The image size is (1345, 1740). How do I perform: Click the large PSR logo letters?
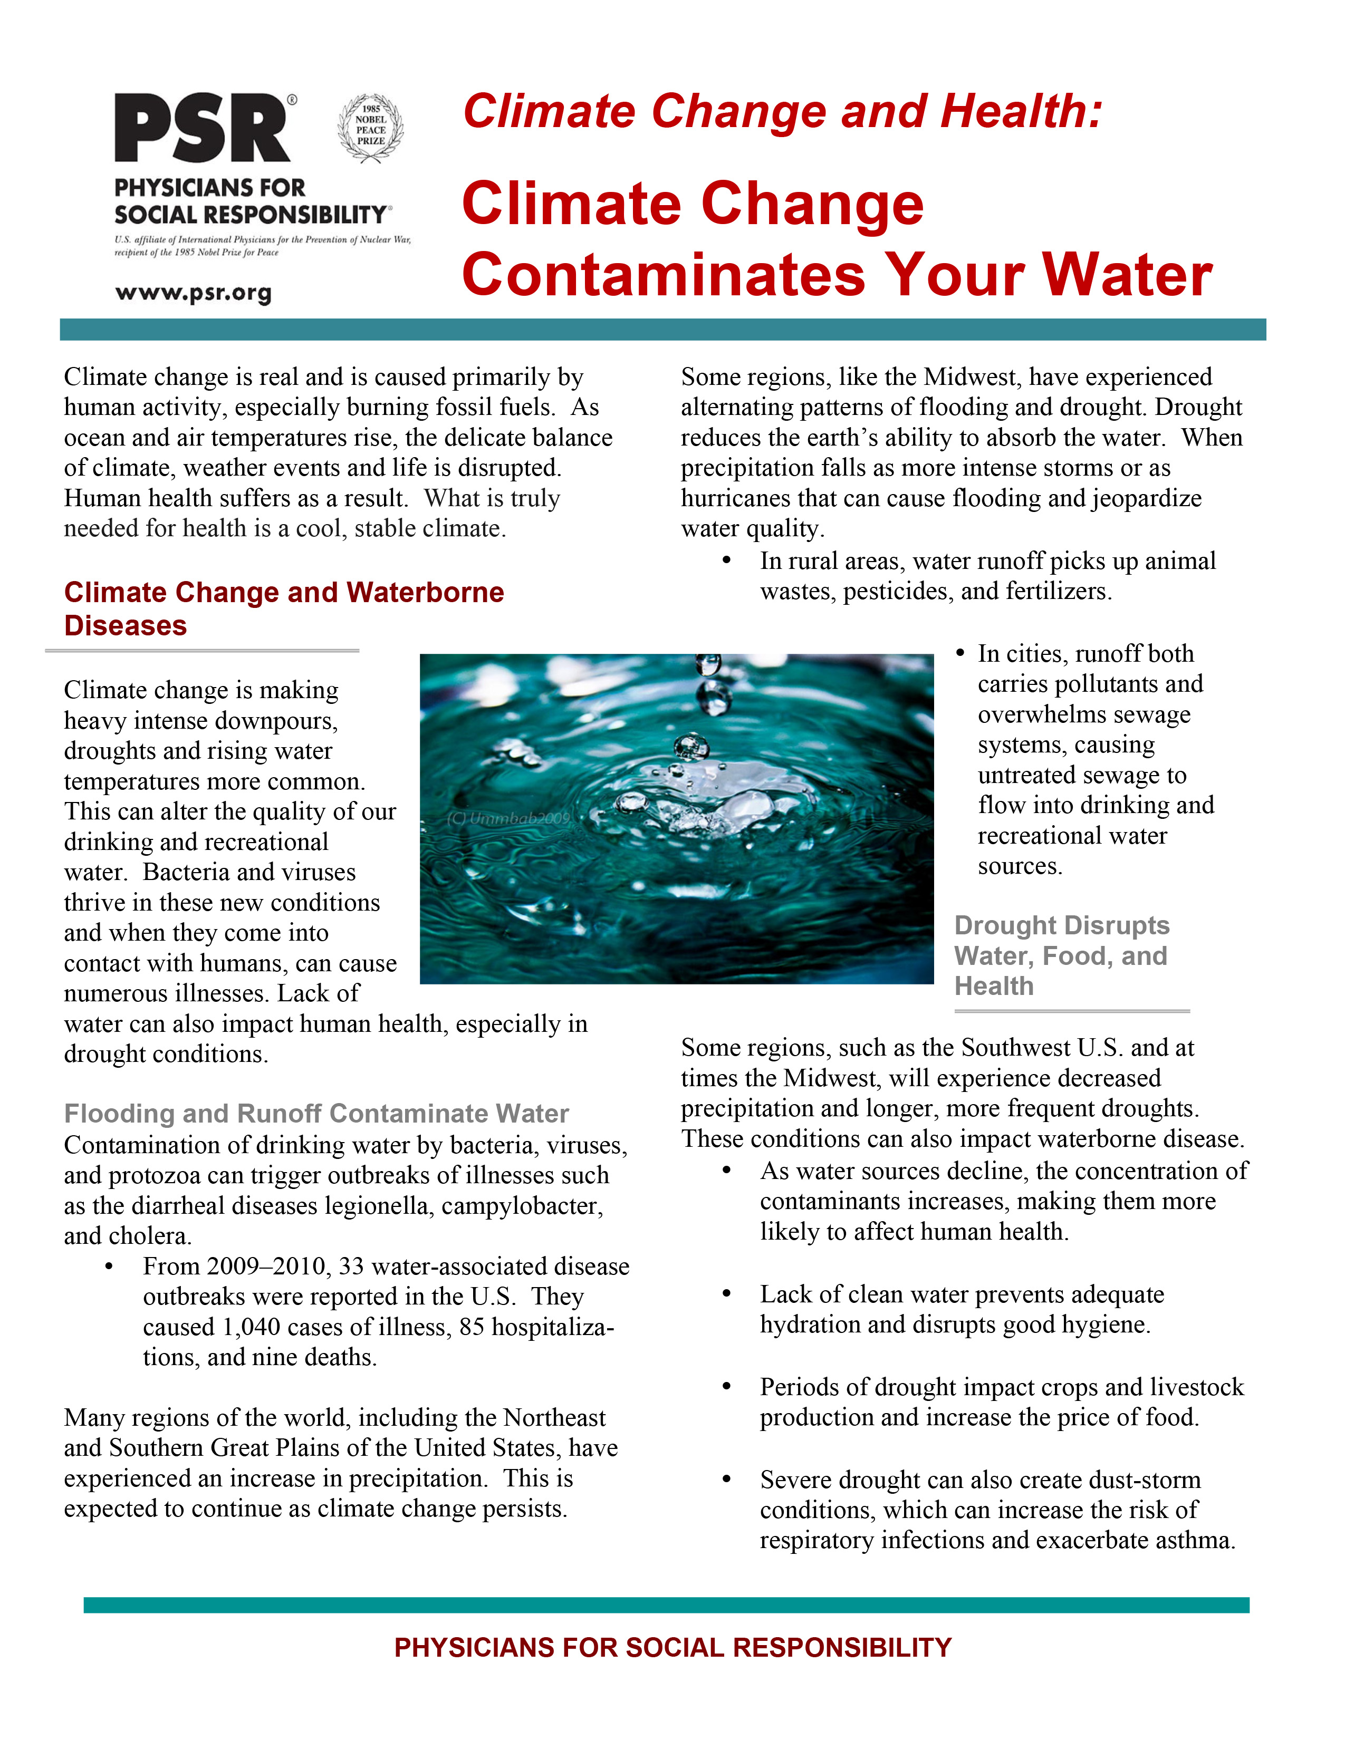203,129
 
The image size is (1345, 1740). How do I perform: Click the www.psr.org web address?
193,293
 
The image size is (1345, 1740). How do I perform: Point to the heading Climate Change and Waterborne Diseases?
284,608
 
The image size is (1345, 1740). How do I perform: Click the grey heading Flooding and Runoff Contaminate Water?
316,1113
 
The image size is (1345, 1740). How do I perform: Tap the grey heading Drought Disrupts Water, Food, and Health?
1061,955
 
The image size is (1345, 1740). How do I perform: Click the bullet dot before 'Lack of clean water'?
726,1294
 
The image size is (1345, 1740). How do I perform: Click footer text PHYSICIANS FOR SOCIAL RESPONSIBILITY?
672,1647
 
